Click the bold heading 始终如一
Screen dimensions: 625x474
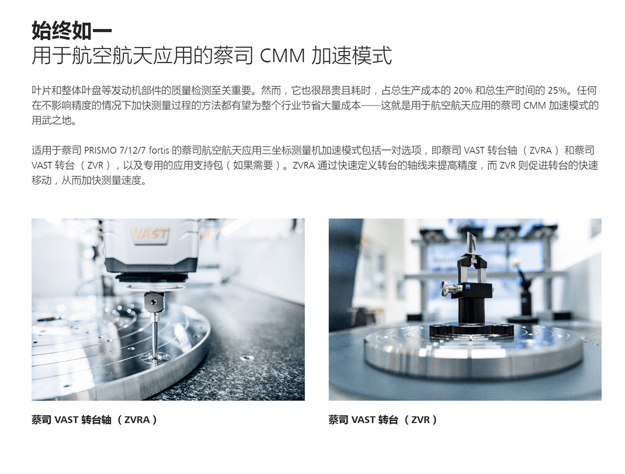tap(72, 31)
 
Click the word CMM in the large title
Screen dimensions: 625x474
tap(282, 56)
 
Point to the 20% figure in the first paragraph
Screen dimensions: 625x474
tap(462, 91)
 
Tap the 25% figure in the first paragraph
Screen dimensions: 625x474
tap(557, 91)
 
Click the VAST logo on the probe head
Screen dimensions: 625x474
tap(150, 234)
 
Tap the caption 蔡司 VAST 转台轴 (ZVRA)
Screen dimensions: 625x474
tap(94, 420)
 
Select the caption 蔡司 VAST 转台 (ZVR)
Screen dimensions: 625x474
tap(383, 420)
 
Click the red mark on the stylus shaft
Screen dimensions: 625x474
tap(155, 317)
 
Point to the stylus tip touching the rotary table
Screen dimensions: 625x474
tap(155, 356)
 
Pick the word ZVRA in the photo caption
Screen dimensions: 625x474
tap(137, 420)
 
